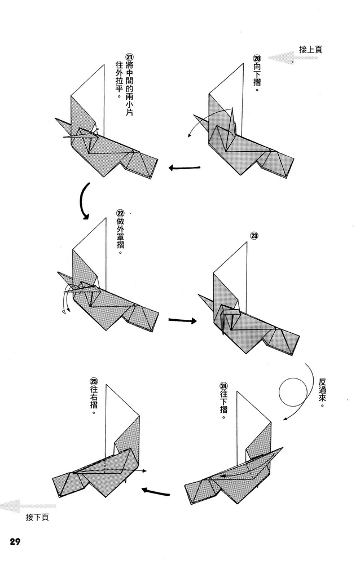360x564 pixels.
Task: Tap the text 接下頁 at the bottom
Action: pyautogui.click(x=37, y=517)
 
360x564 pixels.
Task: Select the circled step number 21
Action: pyautogui.click(x=129, y=58)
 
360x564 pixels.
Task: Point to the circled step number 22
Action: pyautogui.click(x=120, y=213)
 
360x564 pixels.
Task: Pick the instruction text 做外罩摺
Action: pyautogui.click(x=120, y=239)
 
